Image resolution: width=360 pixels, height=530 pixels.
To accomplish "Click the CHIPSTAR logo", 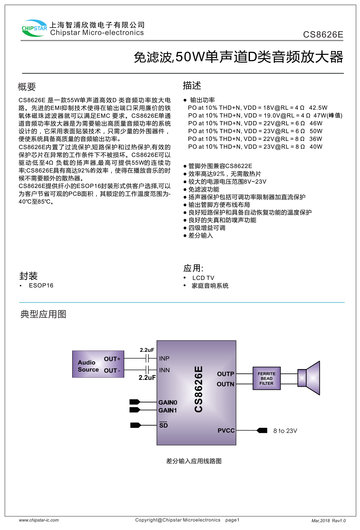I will coord(34,28).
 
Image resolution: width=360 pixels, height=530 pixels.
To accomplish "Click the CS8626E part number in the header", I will coord(323,35).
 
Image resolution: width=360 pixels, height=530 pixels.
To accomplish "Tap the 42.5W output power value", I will coord(318,108).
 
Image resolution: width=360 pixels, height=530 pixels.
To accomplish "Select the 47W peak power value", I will coord(328,115).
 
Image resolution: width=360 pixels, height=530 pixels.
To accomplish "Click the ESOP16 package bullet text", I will coord(41,285).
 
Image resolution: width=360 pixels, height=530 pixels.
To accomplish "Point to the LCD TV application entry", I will coord(203,278).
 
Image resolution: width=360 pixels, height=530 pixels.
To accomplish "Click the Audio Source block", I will coord(98,364).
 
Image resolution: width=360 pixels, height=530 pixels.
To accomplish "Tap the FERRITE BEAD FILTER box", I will coord(266,378).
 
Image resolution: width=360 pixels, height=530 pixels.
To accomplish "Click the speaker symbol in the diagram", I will coord(309,378).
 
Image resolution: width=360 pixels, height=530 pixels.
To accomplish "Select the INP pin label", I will coord(164,359).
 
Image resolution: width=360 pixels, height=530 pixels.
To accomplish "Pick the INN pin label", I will coord(164,370).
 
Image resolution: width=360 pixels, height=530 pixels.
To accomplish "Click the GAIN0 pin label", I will coord(168,402).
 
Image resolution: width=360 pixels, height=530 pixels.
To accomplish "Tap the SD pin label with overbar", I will coord(163,425).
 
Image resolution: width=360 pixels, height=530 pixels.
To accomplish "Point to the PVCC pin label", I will coord(226,431).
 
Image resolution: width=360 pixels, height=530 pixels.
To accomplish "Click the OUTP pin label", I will coord(225,374).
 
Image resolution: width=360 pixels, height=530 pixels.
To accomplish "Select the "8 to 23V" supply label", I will coord(285,431).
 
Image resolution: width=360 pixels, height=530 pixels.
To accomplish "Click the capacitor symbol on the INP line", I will coord(147,358).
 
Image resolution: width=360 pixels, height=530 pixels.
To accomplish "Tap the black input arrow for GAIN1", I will coord(135,410).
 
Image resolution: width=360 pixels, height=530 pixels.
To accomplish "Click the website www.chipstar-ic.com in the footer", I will coord(39,520).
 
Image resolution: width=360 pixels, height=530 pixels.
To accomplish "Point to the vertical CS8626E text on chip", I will coord(199,389).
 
